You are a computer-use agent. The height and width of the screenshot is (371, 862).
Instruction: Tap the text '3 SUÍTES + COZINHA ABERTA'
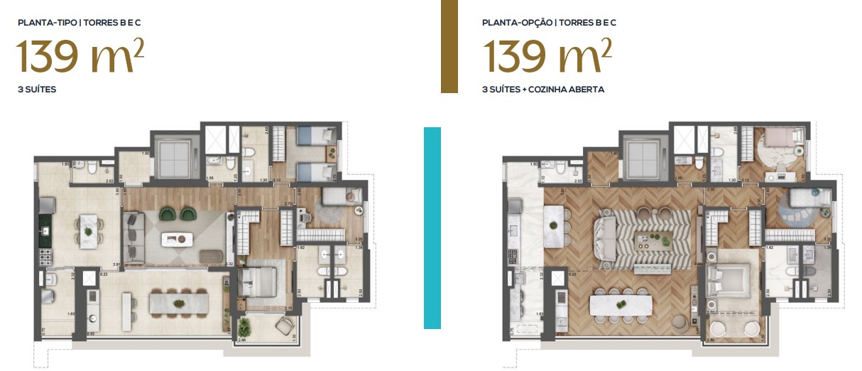click(x=543, y=90)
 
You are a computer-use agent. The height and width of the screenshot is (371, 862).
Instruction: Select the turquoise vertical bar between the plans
click(x=432, y=227)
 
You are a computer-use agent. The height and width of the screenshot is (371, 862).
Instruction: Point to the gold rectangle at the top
click(x=449, y=46)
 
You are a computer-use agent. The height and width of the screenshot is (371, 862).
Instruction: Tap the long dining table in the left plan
click(x=175, y=303)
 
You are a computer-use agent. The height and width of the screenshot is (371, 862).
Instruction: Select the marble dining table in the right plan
click(x=621, y=304)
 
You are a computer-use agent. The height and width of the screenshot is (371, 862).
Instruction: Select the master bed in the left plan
click(x=256, y=280)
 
